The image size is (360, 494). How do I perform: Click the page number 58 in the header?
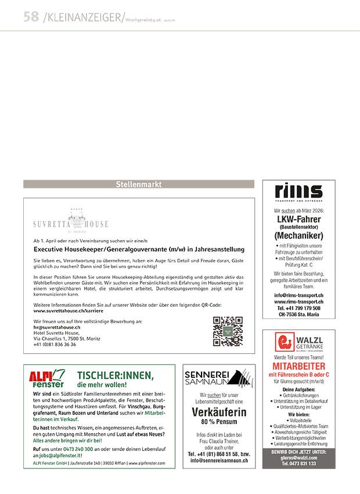pyautogui.click(x=31, y=17)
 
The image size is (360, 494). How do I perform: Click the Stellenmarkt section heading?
pyautogui.click(x=138, y=185)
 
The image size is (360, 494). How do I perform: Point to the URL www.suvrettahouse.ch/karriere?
pyautogui.click(x=64, y=311)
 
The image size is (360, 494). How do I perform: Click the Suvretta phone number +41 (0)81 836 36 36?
pyautogui.click(x=55, y=344)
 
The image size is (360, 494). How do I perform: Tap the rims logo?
pyautogui.click(x=298, y=192)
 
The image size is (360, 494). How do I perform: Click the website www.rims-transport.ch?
pyautogui.click(x=298, y=302)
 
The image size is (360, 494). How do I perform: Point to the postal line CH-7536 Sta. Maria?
pyautogui.click(x=298, y=314)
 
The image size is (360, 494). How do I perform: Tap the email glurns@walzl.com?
pyautogui.click(x=298, y=458)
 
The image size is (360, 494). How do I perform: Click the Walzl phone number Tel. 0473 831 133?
pyautogui.click(x=298, y=464)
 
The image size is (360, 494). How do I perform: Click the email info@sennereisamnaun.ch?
pyautogui.click(x=219, y=460)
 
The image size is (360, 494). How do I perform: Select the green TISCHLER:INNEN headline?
pyautogui.click(x=116, y=375)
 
